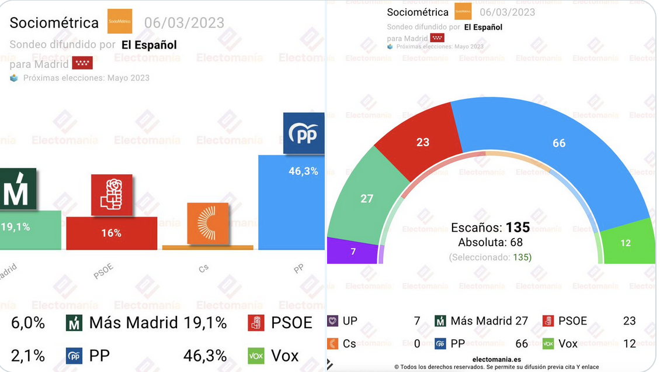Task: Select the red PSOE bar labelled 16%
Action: [111, 233]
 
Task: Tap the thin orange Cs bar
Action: [207, 247]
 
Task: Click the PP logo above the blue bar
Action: [303, 133]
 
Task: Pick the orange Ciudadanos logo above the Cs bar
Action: [207, 223]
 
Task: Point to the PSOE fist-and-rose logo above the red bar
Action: [112, 195]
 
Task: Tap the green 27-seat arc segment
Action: [367, 198]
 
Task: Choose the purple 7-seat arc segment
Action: [352, 251]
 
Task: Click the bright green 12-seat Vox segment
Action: [626, 243]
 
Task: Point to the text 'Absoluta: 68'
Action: [490, 242]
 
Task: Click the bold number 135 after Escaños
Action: [517, 228]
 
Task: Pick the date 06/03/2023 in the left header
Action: [184, 23]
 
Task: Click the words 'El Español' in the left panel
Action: [149, 45]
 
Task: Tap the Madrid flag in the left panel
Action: [82, 63]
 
